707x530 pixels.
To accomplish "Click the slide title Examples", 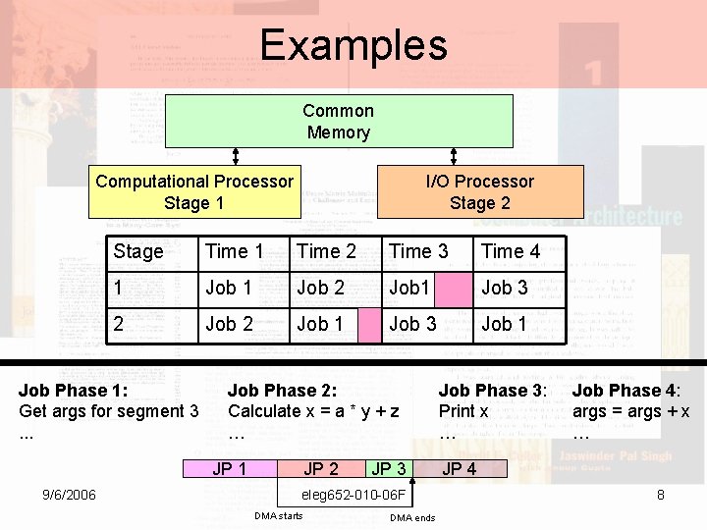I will (353, 45).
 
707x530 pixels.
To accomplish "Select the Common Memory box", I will (338, 122).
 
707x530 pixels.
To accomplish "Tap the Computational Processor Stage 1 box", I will (194, 192).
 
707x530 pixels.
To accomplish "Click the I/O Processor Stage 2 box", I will (480, 192).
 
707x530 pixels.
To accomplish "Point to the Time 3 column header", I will (418, 251).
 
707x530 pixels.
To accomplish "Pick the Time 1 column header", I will (234, 251).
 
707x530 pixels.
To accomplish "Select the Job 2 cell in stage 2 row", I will (229, 324).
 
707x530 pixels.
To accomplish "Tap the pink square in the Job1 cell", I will (453, 288).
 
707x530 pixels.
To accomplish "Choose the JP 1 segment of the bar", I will (230, 469).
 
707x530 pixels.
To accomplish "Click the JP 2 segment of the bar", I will (321, 469).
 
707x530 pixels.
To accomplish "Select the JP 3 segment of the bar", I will (389, 469).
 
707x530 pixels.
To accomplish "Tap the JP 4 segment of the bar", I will (460, 469).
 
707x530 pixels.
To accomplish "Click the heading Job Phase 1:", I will (73, 391).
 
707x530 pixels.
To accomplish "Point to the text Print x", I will (463, 411).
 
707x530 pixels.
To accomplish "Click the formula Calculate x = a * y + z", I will (313, 411).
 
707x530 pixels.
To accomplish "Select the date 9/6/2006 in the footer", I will (69, 495).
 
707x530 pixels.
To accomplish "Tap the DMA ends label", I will (412, 518).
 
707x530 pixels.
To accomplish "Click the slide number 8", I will (661, 495).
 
